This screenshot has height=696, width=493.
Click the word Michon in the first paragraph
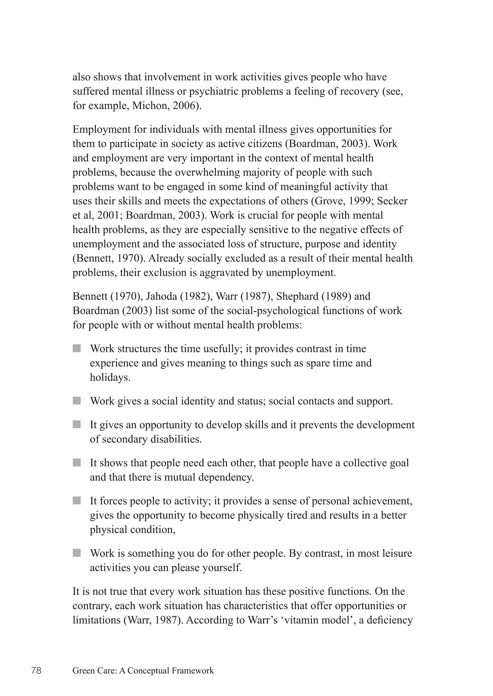tap(148, 106)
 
